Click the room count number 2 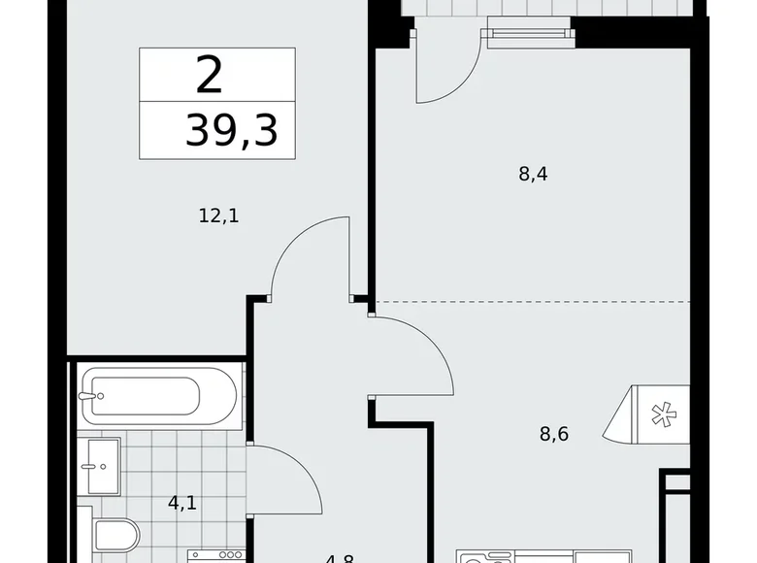(209, 76)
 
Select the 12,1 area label (218, 215)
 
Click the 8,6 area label (553, 434)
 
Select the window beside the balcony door (529, 38)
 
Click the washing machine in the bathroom (214, 555)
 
